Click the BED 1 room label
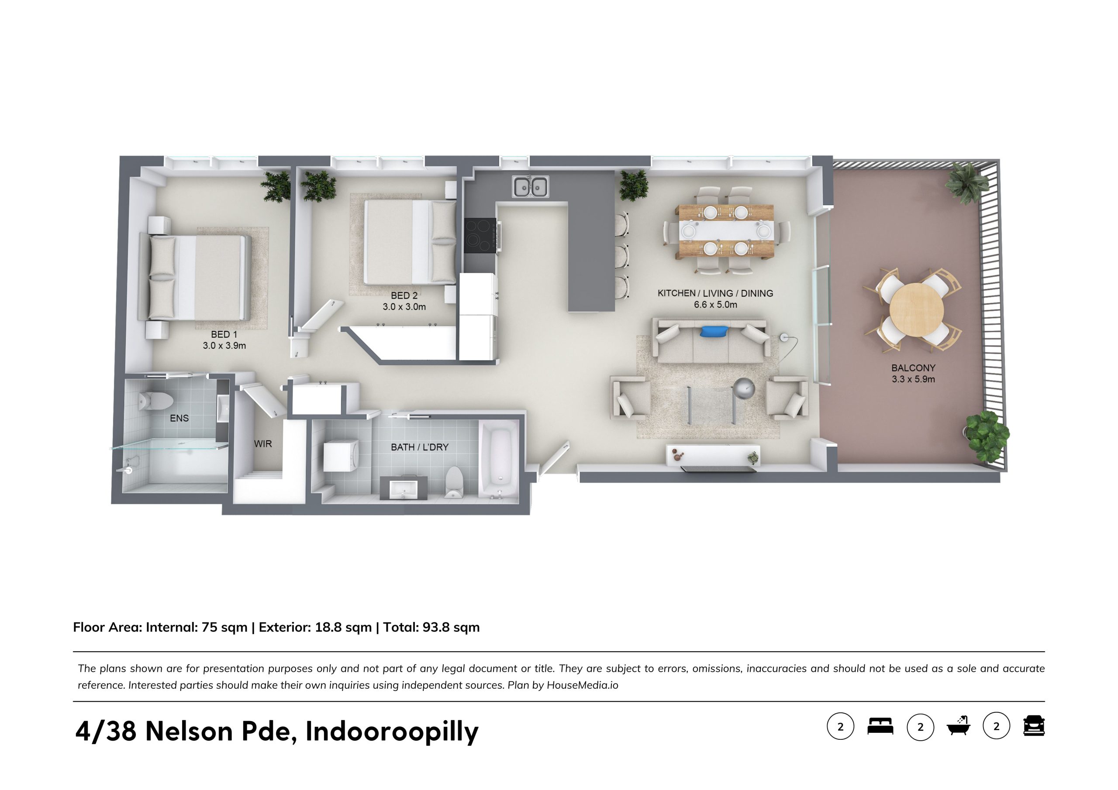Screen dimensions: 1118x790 click(224, 334)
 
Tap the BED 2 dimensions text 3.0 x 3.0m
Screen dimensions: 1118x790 click(404, 307)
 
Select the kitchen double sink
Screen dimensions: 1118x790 click(530, 186)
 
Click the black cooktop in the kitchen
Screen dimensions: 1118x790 click(480, 235)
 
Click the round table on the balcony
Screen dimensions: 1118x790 click(916, 309)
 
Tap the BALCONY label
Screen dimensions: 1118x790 click(914, 368)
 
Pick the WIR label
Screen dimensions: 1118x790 click(263, 444)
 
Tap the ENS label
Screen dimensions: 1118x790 click(179, 418)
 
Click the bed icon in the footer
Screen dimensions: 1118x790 click(880, 726)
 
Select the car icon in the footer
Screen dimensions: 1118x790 click(1034, 726)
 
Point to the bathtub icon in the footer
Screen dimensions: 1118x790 click(958, 726)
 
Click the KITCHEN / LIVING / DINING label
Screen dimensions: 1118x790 click(715, 293)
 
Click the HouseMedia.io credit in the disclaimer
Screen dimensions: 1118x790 click(583, 685)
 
